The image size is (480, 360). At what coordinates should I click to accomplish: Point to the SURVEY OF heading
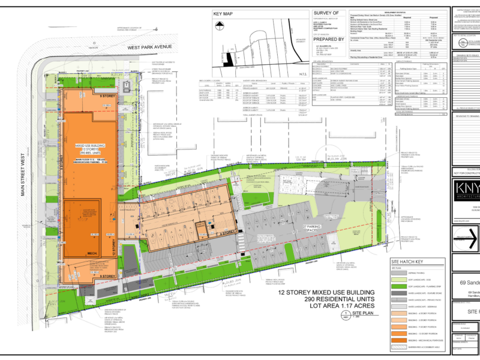click(x=331, y=13)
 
